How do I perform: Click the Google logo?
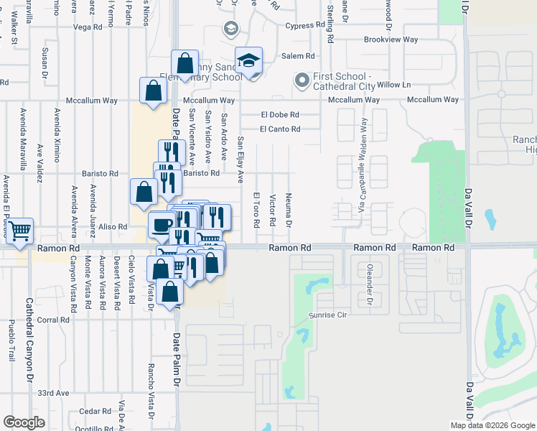click(x=24, y=422)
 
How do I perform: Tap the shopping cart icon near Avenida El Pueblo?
click(x=20, y=231)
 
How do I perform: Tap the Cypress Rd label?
click(x=305, y=26)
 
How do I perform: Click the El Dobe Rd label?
click(x=280, y=114)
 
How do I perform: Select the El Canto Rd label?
click(x=280, y=129)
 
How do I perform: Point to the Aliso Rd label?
click(x=113, y=226)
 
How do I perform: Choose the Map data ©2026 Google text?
click(x=492, y=425)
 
